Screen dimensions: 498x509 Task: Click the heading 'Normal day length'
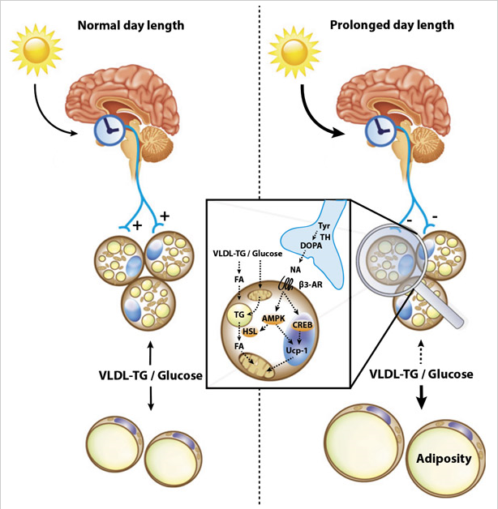(131, 26)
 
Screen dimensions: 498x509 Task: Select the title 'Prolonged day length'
(392, 25)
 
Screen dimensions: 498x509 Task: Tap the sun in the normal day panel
(36, 50)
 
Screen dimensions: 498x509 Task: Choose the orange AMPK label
(273, 319)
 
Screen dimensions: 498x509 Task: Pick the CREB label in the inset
(303, 325)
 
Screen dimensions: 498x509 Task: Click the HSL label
(250, 331)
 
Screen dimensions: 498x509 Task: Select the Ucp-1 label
(296, 350)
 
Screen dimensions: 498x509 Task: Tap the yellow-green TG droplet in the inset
(238, 314)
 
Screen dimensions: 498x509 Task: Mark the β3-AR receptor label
(311, 285)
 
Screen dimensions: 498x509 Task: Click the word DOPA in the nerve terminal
(311, 246)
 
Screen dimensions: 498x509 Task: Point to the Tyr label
(324, 226)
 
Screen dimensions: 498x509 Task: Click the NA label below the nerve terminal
(295, 269)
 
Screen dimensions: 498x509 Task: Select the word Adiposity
(444, 459)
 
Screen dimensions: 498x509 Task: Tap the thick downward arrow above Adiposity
(421, 397)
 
